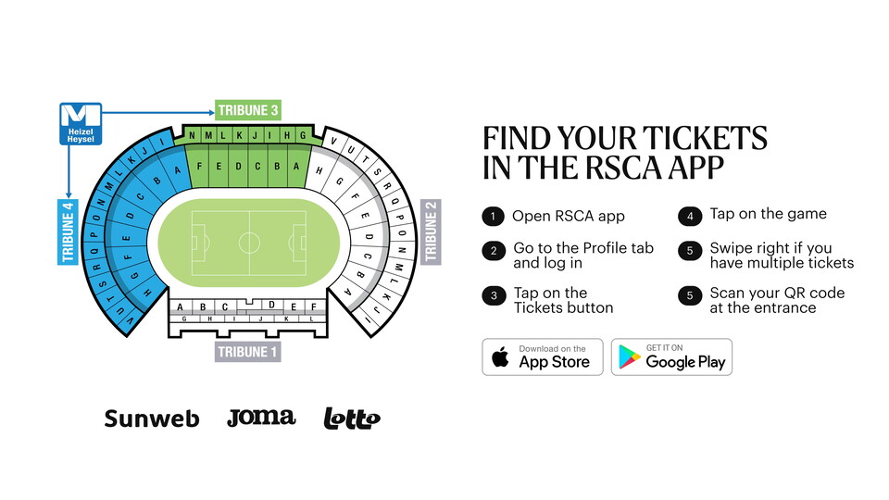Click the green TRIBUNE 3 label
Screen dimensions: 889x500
tap(248, 110)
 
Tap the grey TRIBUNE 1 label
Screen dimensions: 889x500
tap(248, 352)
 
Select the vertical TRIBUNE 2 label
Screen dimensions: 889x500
tap(431, 231)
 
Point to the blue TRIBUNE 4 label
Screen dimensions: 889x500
tap(68, 231)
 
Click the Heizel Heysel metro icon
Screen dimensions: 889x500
tap(81, 123)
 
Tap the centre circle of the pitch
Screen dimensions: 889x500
tap(249, 243)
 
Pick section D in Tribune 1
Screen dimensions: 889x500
tap(271, 305)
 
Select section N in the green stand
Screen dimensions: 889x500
tap(193, 135)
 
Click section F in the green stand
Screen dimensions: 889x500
tap(199, 167)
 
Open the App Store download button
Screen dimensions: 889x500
tap(543, 356)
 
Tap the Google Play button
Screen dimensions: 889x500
tap(672, 356)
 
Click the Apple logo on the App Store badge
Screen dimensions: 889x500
tap(500, 357)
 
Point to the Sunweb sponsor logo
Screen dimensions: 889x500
tap(152, 419)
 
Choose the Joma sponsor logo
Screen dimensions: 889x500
tap(261, 418)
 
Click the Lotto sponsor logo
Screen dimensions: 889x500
tap(352, 419)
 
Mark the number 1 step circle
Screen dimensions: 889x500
tap(494, 216)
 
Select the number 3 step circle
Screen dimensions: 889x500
tap(494, 295)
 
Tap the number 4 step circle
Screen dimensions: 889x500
tap(690, 216)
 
